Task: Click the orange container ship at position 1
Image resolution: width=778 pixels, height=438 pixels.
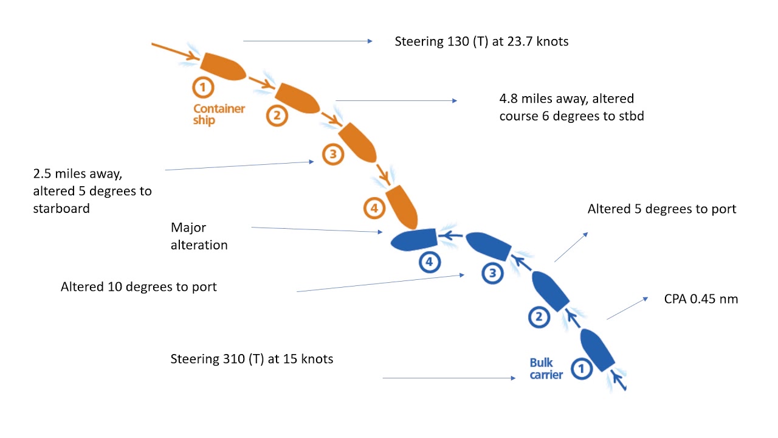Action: [222, 66]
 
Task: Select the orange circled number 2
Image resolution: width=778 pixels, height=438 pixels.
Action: [277, 115]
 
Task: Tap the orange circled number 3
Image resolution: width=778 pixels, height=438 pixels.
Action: [332, 155]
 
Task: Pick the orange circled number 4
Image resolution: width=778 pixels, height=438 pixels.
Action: [374, 209]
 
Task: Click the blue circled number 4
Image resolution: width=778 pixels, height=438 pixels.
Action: [430, 262]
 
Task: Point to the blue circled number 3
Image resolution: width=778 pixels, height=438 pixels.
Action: [492, 273]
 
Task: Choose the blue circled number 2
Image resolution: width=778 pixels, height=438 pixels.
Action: [539, 316]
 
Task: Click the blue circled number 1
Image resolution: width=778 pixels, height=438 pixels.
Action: [582, 368]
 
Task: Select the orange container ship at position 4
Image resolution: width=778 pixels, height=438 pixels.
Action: [401, 206]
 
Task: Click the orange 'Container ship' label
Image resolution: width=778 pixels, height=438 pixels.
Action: [219, 114]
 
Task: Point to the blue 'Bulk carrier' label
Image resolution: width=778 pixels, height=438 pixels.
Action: [546, 369]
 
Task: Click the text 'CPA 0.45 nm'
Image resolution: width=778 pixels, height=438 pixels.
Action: [701, 299]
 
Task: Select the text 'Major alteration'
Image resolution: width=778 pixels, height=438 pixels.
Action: [199, 236]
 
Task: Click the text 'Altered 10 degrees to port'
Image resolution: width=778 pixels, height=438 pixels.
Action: [139, 287]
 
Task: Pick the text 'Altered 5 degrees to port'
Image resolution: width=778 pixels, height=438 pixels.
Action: [661, 209]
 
